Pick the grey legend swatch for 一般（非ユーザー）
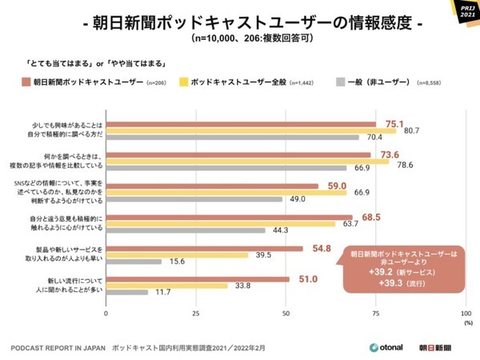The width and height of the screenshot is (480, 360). [x=341, y=82]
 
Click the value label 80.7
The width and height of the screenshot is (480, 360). [x=410, y=130]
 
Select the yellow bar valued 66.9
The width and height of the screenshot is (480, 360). [x=226, y=193]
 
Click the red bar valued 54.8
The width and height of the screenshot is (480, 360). [x=205, y=247]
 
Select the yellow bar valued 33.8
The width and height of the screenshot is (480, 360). [x=167, y=286]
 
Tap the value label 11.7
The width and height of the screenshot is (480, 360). [x=162, y=293]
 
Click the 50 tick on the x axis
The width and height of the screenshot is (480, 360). [x=286, y=314]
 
